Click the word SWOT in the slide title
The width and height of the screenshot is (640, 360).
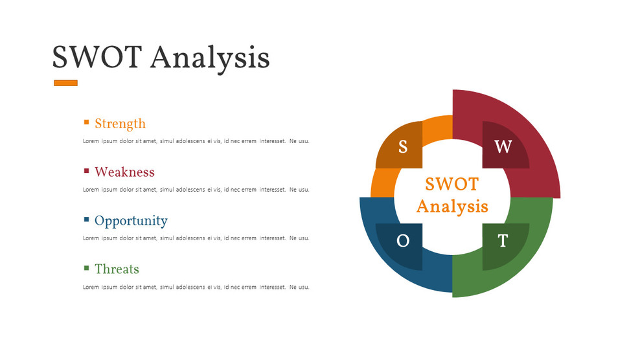(95, 58)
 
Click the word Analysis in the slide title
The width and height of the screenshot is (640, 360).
(210, 58)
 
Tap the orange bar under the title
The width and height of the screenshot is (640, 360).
(65, 83)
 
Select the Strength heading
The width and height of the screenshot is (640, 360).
(120, 124)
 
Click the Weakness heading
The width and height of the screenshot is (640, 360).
(124, 172)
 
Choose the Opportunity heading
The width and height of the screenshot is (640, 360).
(131, 221)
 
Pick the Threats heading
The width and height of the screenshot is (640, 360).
(117, 269)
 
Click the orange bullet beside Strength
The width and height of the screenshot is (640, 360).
(86, 122)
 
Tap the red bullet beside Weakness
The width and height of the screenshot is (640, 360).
(86, 171)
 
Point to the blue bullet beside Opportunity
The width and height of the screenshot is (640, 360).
(86, 219)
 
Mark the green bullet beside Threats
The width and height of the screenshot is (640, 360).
(86, 267)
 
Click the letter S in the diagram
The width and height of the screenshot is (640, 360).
(403, 148)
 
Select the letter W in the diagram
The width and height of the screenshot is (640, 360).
(503, 147)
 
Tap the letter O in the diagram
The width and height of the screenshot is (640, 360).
(403, 242)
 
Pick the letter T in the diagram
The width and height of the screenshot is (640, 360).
(503, 242)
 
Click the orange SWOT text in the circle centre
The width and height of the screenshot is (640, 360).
(452, 184)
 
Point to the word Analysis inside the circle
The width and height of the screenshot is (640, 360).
(452, 207)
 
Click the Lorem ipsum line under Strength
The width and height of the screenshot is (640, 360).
(196, 141)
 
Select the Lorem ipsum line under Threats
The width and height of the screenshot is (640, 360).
(196, 287)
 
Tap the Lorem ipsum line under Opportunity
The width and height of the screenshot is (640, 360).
(196, 238)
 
